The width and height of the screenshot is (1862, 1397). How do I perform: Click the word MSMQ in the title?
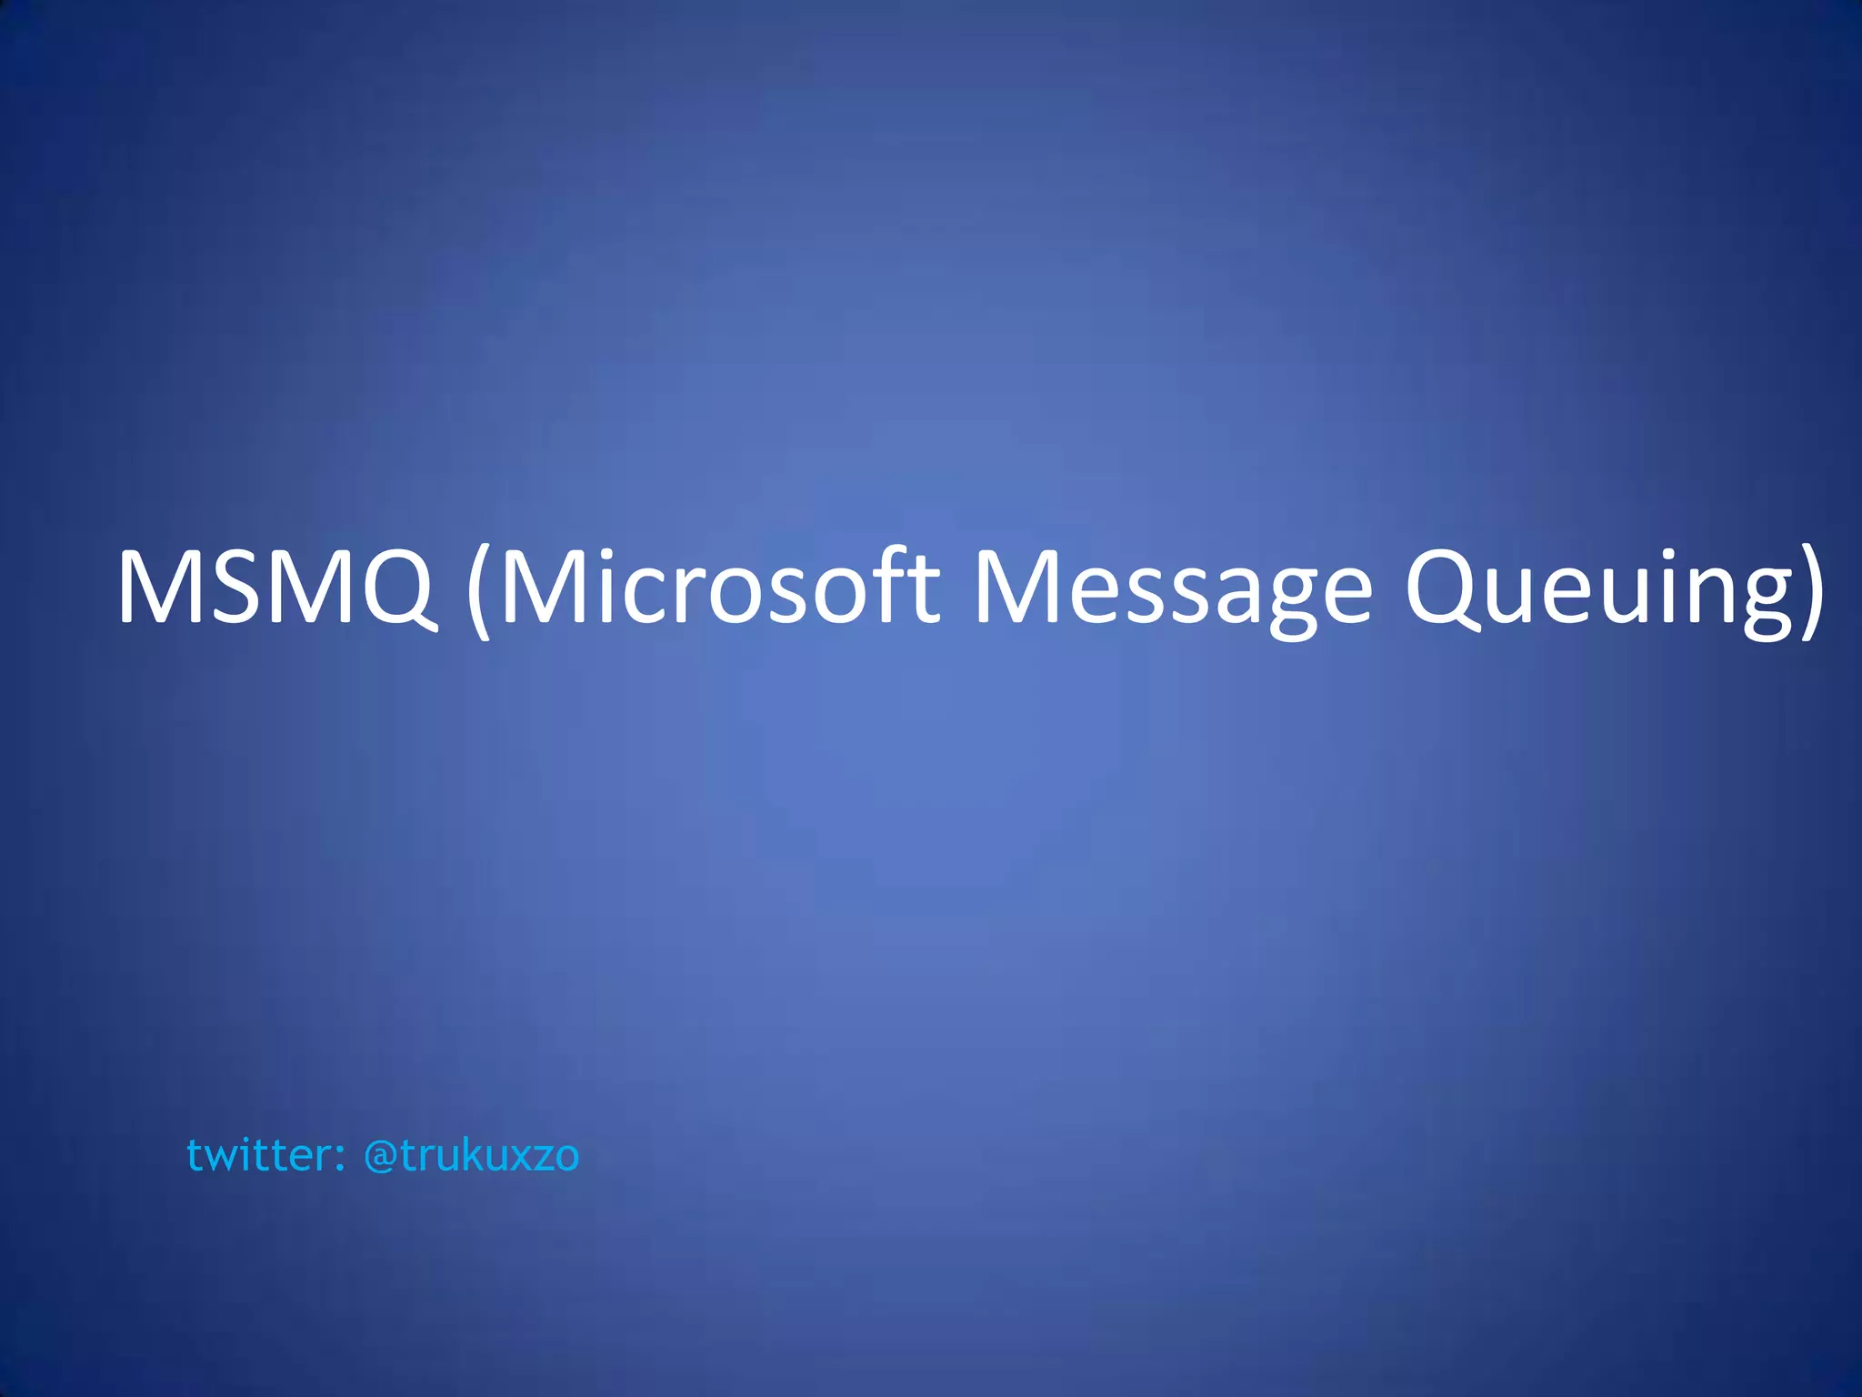point(275,588)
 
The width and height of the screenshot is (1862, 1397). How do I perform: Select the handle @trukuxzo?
point(471,1155)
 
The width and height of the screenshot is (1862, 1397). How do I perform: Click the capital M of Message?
point(1013,588)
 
